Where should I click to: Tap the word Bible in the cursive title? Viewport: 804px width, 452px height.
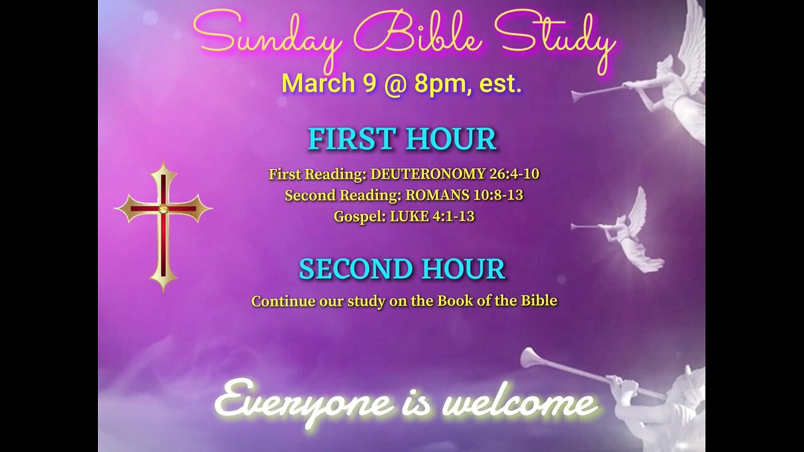pos(418,36)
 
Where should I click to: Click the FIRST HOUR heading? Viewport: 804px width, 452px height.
pos(402,139)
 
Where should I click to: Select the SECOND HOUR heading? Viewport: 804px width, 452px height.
pos(402,269)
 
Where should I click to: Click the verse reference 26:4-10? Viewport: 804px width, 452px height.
pos(514,174)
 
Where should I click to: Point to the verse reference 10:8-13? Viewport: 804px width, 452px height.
pos(499,195)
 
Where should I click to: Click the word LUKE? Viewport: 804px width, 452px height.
pos(408,217)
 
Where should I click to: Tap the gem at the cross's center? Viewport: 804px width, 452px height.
pos(163,208)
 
